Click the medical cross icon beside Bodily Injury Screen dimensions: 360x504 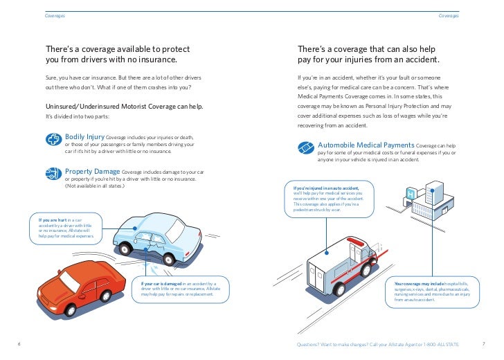tap(53, 139)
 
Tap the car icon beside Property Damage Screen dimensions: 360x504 tap(53, 172)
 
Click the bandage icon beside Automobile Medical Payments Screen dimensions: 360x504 tap(306, 148)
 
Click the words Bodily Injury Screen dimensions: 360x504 tap(84, 136)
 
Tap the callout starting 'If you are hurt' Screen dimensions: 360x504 tap(64, 229)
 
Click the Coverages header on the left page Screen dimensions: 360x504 tap(55, 15)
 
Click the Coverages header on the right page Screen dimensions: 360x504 tap(448, 15)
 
